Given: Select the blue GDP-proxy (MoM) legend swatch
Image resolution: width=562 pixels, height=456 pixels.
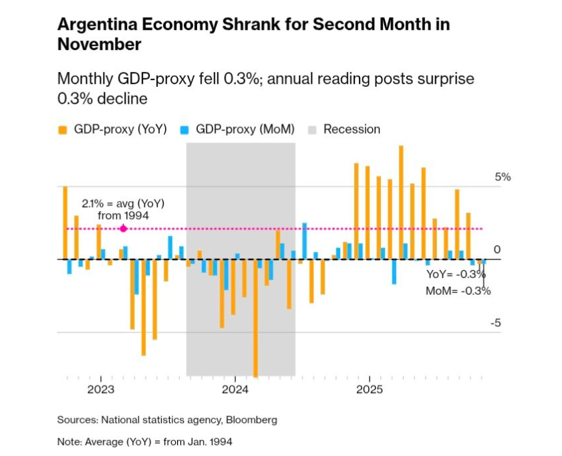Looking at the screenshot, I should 184,130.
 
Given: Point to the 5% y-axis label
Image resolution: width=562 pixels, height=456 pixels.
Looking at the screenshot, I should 502,177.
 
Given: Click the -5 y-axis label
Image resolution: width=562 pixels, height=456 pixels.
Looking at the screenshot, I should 496,324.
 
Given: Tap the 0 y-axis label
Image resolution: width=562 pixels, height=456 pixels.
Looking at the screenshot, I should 497,249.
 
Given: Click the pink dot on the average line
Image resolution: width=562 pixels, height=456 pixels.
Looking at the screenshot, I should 123,229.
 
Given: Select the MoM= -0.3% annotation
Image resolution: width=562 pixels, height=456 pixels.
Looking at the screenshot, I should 458,291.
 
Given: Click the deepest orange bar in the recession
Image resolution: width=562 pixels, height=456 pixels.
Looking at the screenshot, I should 256,318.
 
